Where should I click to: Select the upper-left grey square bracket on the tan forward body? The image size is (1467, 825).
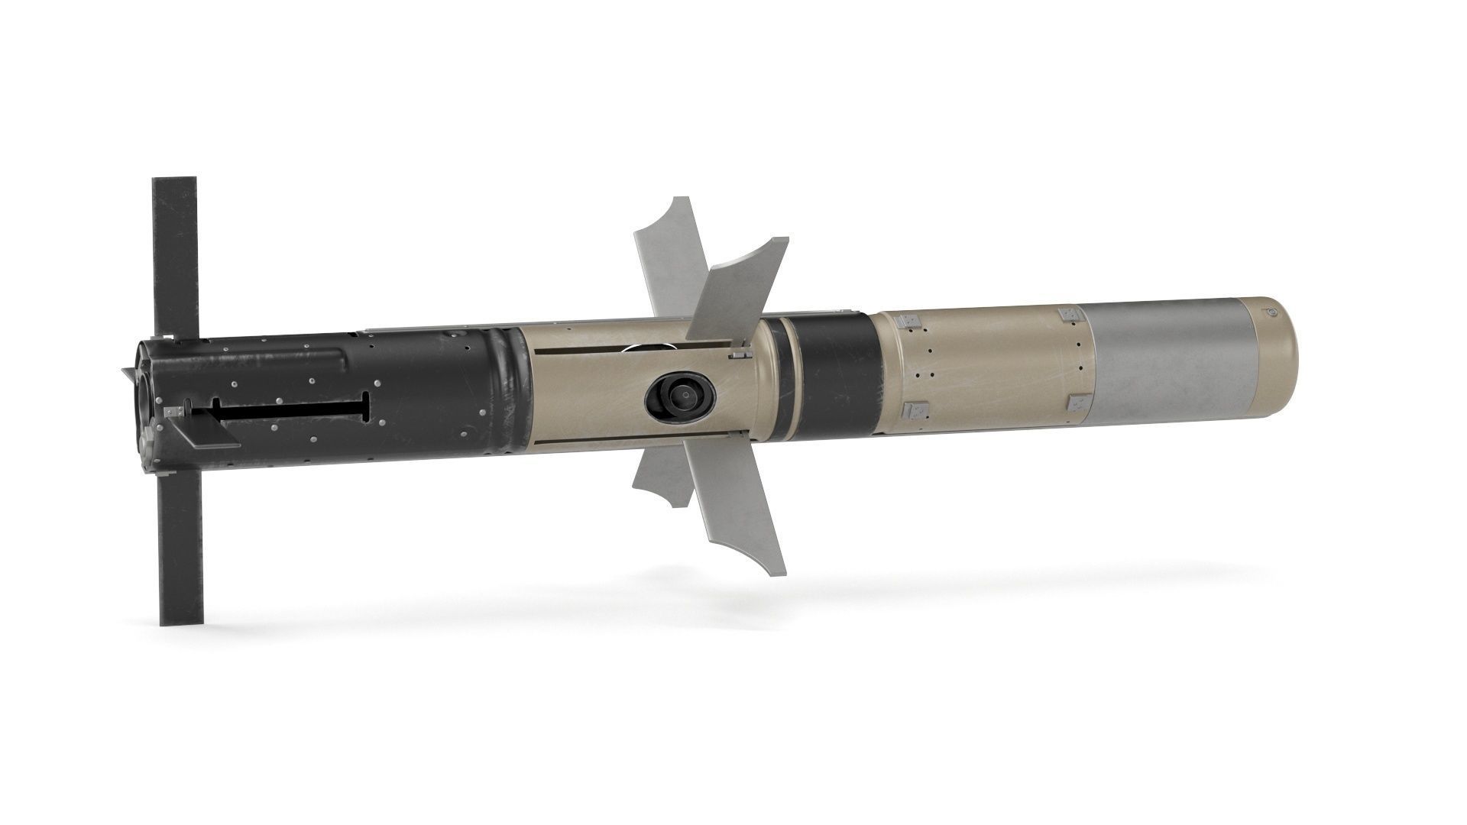[x=908, y=322]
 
